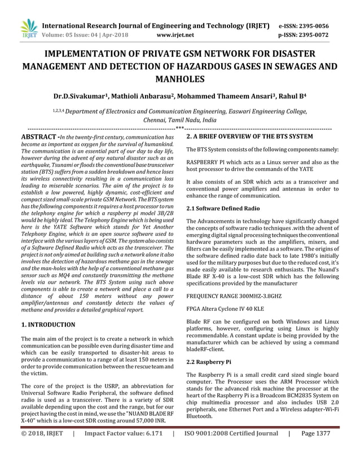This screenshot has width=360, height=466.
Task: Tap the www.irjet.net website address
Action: (175, 35)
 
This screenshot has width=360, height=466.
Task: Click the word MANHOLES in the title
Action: (180, 78)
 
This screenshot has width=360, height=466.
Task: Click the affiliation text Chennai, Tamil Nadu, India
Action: (180, 120)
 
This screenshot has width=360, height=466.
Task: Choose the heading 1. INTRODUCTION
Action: (48, 325)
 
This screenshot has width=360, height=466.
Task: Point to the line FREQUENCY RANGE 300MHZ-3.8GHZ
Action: (233, 295)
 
